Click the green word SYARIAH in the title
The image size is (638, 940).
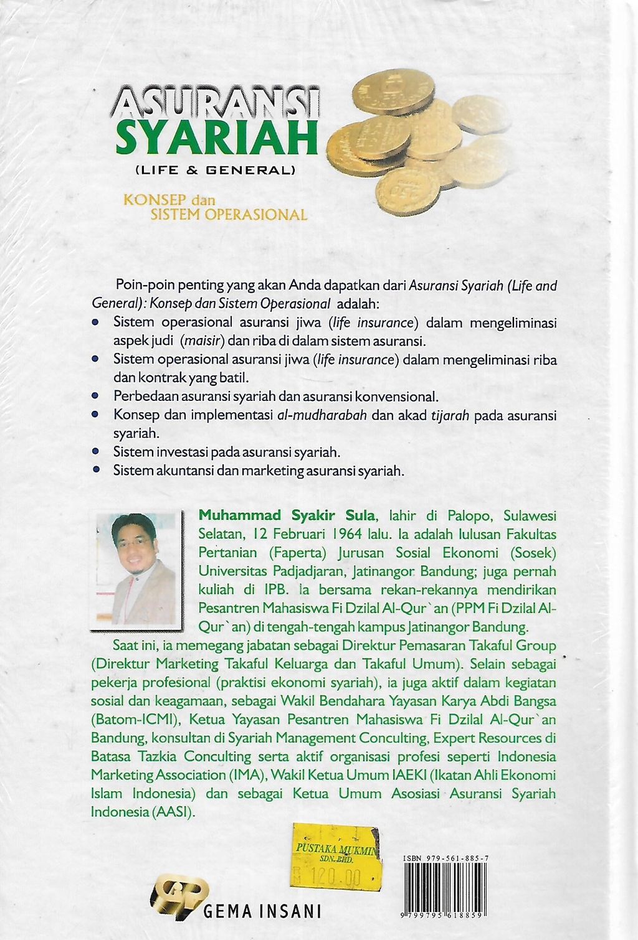(x=217, y=140)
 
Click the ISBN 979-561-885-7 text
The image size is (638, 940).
(x=445, y=858)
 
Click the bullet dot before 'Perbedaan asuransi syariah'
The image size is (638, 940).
(x=95, y=396)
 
